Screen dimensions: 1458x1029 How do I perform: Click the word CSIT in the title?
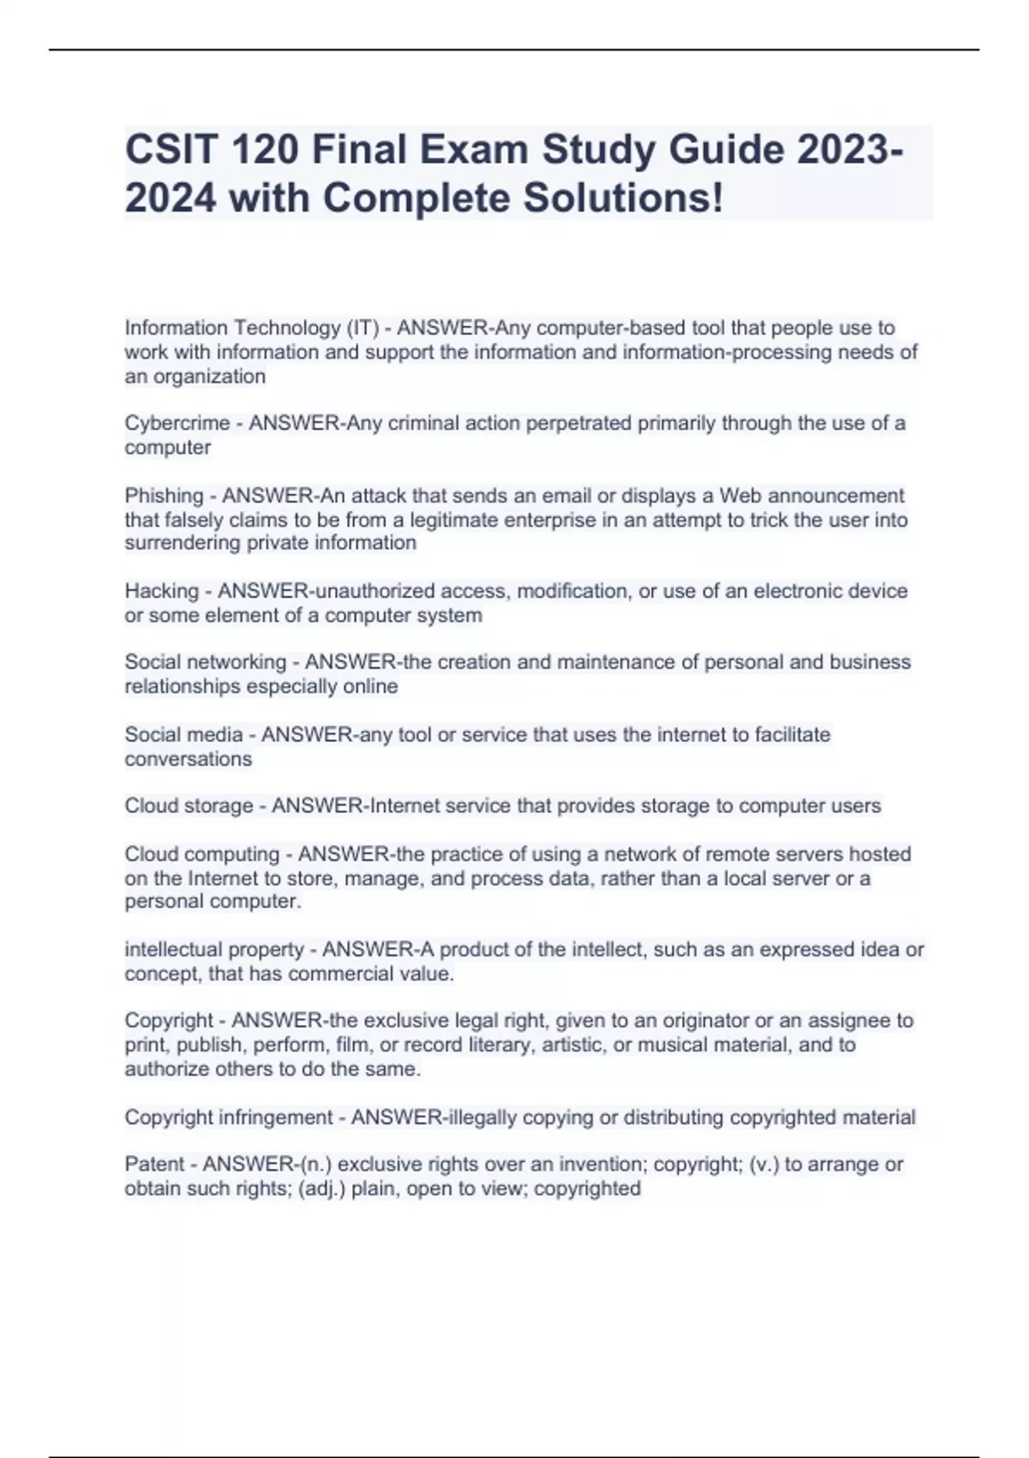pos(168,150)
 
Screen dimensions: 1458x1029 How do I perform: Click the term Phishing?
pos(164,496)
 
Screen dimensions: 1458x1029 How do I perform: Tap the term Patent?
pos(154,1164)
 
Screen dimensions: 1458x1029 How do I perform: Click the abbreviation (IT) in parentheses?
pos(363,328)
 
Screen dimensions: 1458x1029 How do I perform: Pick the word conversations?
pos(189,759)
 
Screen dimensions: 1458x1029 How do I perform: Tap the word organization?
pos(209,377)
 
